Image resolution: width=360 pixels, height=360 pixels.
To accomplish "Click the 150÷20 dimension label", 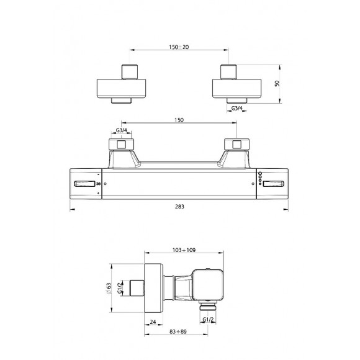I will (x=180, y=47).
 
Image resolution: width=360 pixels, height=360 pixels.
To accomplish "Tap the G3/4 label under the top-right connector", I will (x=237, y=109).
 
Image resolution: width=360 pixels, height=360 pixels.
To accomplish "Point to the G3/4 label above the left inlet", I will (x=122, y=130).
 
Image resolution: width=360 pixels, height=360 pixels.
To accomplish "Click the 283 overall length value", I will (x=180, y=206).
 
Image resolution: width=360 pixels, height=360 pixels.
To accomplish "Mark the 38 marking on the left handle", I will (x=98, y=184).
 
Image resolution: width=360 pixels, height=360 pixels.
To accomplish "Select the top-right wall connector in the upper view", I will (x=235, y=84).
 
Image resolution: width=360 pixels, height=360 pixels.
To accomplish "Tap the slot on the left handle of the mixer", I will (x=83, y=184).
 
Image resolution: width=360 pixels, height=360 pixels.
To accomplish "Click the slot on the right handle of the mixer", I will (x=274, y=184).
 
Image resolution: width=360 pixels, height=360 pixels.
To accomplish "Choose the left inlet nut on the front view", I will (x=122, y=145).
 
